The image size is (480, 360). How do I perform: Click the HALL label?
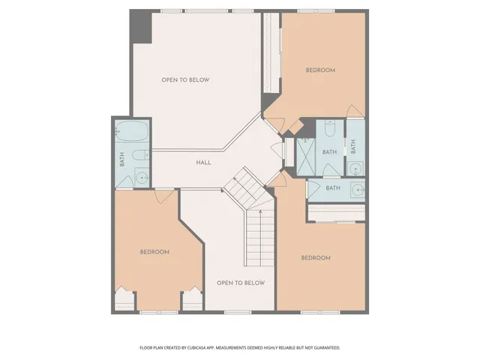pos(203,162)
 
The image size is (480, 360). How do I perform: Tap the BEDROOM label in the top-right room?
pos(320,70)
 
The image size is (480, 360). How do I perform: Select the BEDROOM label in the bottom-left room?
pos(154,252)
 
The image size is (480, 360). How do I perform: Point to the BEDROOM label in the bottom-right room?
pos(316,258)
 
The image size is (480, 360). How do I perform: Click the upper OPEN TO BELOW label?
pos(184,79)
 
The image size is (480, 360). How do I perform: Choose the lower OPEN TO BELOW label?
pos(240,283)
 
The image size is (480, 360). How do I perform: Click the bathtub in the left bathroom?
pos(132,133)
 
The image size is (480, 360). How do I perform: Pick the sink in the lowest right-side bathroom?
pos(355,188)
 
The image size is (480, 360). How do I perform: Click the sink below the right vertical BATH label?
pos(355,167)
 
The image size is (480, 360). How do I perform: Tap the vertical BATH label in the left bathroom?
pos(121,159)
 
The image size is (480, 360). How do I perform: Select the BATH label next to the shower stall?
pos(330,152)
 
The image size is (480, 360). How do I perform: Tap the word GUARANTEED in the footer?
pos(323,348)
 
